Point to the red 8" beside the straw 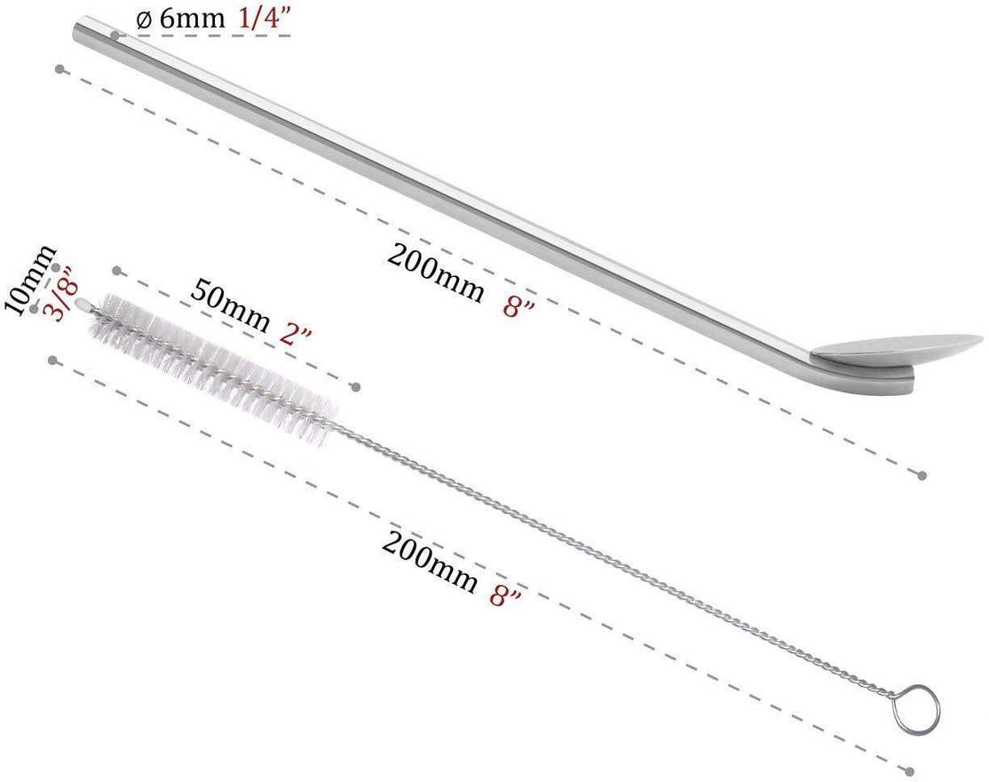tap(518, 306)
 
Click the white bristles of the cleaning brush tap(213, 364)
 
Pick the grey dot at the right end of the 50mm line tap(356, 386)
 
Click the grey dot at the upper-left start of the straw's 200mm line tap(59, 68)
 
